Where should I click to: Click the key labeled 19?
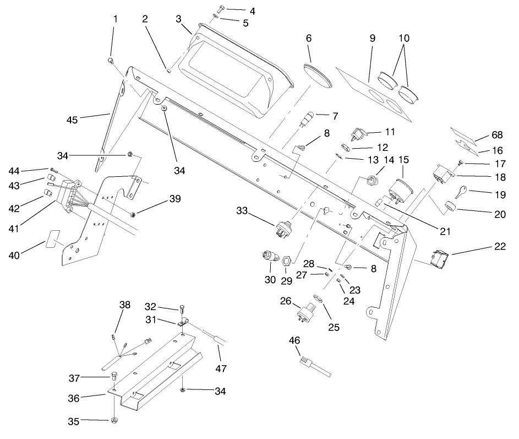(x=460, y=191)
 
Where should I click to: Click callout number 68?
(x=497, y=135)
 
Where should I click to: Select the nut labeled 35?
(x=114, y=421)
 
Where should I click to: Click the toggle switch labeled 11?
(x=358, y=134)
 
